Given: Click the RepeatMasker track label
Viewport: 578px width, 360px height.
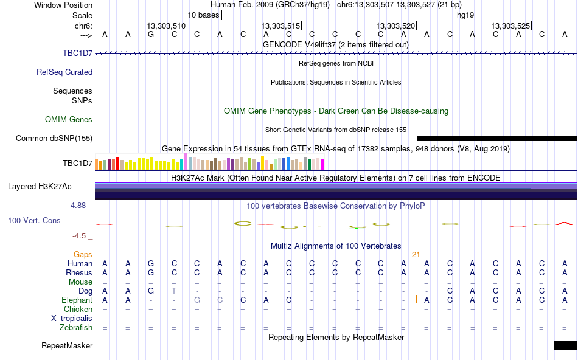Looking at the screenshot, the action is [67, 345].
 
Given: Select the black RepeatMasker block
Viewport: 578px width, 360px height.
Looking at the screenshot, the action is [566, 345].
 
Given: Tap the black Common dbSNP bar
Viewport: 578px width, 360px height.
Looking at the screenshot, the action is [497, 138].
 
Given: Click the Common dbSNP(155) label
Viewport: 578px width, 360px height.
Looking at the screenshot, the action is [54, 138].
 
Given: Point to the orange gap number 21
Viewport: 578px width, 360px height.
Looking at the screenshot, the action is [416, 255].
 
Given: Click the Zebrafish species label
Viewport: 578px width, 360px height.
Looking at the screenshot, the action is [76, 328].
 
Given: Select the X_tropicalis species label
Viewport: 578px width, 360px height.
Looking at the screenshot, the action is [72, 319].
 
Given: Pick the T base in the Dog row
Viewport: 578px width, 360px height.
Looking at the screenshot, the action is [174, 291].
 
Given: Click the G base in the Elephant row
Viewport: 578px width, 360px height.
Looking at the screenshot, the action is [197, 300].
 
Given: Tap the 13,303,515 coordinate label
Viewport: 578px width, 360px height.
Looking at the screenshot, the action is [281, 26].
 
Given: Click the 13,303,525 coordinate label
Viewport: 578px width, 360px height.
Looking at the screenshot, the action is [510, 26].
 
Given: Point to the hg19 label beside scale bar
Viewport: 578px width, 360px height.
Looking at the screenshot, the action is [465, 15].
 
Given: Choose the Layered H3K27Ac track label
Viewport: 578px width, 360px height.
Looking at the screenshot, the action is [40, 187].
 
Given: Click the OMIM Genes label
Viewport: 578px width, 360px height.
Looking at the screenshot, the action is [69, 119].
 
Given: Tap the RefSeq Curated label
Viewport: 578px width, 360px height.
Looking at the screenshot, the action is [64, 72].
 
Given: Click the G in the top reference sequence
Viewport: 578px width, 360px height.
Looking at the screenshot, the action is [151, 35].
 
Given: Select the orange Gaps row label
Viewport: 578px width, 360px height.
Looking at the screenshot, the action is [83, 255].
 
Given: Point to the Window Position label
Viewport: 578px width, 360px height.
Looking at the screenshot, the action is [63, 5].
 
